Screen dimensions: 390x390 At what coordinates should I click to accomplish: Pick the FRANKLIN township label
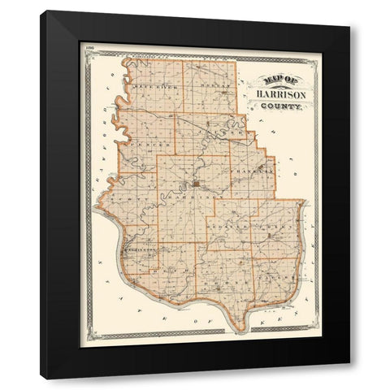click(249, 173)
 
